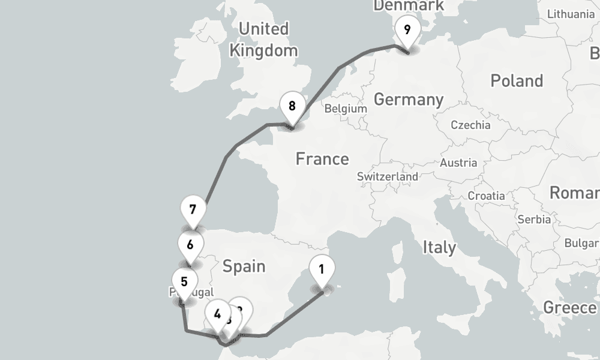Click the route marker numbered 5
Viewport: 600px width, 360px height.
point(184,281)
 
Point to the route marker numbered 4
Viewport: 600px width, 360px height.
point(217,314)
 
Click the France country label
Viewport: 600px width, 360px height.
point(322,159)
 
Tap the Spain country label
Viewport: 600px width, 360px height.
point(244,266)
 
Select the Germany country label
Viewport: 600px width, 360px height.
point(409,99)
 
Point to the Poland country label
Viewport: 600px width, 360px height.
point(517,81)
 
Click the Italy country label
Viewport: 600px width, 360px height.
point(439,247)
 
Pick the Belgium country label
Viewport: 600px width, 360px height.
point(345,109)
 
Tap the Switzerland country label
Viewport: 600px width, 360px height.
point(388,177)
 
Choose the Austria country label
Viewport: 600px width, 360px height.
point(458,163)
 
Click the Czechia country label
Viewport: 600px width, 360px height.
point(471,125)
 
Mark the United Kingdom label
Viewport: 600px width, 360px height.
point(263,40)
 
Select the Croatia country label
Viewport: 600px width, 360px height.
point(487,196)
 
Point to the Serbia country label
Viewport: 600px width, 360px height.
point(534,220)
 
